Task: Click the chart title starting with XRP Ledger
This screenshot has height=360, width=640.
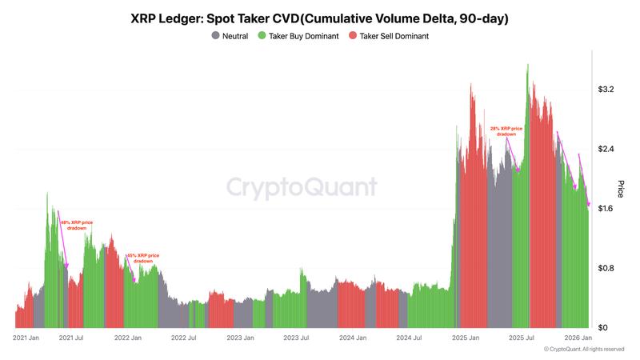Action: point(319,18)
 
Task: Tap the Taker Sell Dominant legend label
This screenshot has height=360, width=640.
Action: point(394,36)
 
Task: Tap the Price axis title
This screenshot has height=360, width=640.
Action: point(621,189)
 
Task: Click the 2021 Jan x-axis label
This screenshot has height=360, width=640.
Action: point(26,338)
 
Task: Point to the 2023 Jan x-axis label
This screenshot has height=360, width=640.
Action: point(239,338)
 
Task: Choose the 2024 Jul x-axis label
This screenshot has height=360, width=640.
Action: point(409,338)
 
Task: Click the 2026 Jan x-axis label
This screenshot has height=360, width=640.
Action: point(578,338)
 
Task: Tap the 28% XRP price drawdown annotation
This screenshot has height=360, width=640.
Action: point(506,131)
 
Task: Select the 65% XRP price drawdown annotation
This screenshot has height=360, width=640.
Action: point(143,258)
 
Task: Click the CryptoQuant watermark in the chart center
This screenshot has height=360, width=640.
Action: point(301,187)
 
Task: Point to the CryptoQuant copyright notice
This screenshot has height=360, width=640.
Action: point(583,350)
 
